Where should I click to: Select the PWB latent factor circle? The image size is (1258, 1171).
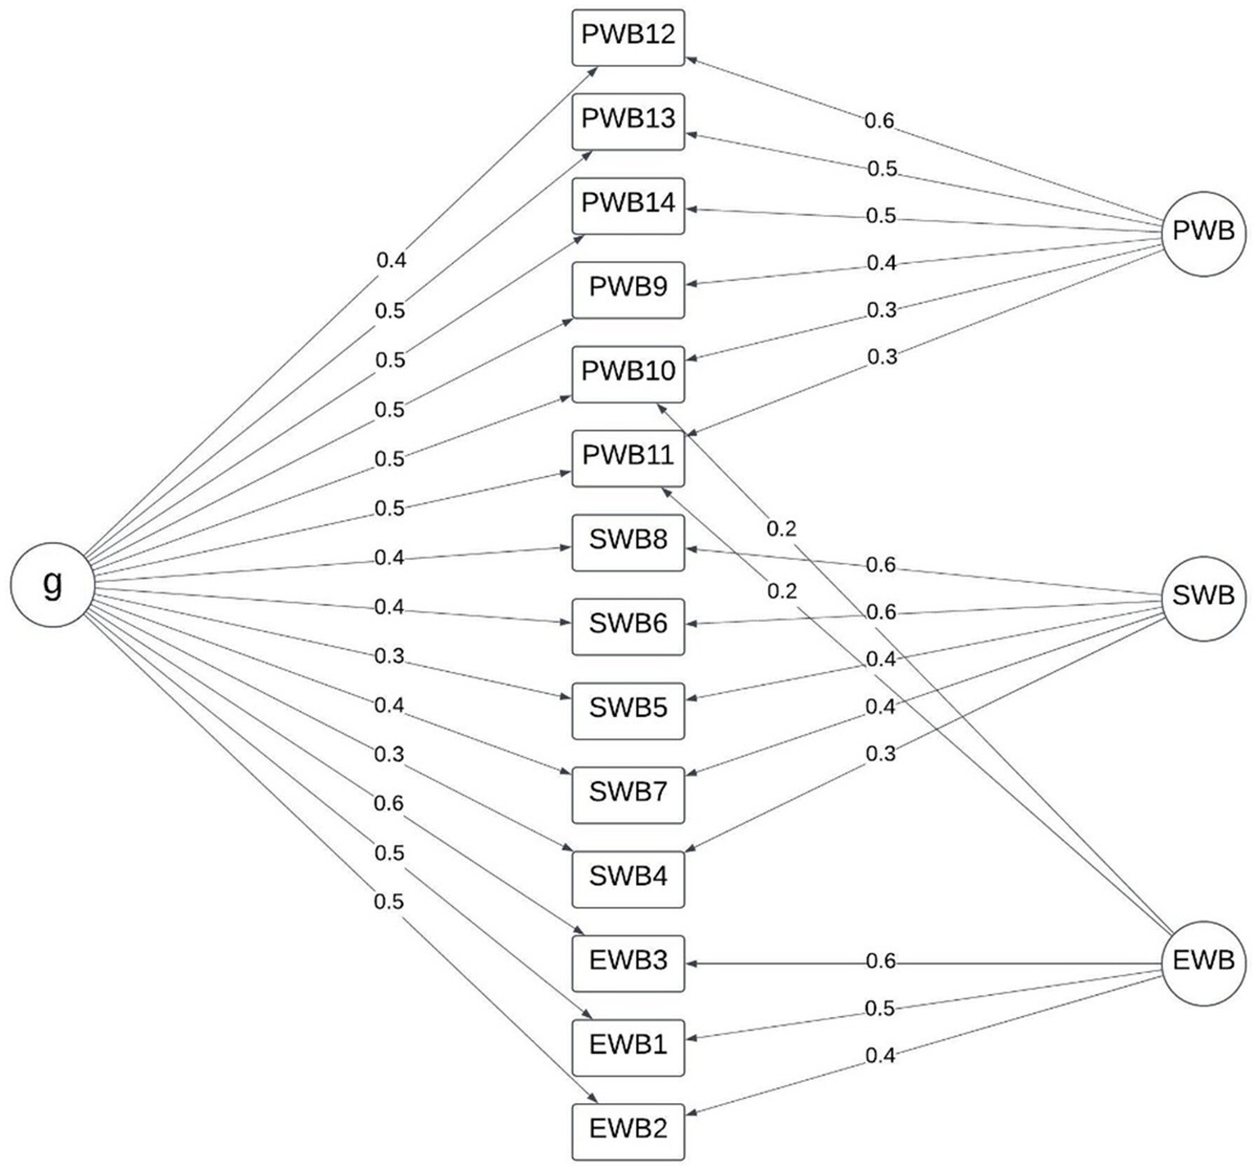pyautogui.click(x=1203, y=232)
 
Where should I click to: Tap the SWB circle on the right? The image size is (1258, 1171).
pyautogui.click(x=1203, y=596)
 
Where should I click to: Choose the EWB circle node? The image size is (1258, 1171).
pyautogui.click(x=1203, y=960)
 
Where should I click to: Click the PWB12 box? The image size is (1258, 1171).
pyautogui.click(x=628, y=37)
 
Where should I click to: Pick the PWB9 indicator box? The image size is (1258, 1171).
pyautogui.click(x=628, y=289)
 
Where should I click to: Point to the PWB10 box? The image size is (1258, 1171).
pyautogui.click(x=628, y=374)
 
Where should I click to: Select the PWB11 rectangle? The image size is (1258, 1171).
pyautogui.click(x=628, y=458)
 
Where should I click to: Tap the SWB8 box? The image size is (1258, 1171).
pyautogui.click(x=628, y=542)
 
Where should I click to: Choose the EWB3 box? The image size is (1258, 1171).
pyautogui.click(x=628, y=963)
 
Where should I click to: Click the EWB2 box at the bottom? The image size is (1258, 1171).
pyautogui.click(x=628, y=1132)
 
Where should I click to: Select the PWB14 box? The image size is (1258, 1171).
pyautogui.click(x=628, y=205)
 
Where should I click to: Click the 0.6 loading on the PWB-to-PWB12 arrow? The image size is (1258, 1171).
pyautogui.click(x=879, y=121)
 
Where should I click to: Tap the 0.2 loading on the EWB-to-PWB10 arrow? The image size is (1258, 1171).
pyautogui.click(x=781, y=529)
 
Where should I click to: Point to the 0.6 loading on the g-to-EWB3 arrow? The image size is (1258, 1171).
pyautogui.click(x=389, y=804)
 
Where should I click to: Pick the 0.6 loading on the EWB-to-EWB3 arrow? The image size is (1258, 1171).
pyautogui.click(x=881, y=961)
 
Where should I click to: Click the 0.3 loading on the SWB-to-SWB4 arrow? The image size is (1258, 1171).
pyautogui.click(x=881, y=754)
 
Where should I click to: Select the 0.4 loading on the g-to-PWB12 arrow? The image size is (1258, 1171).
pyautogui.click(x=391, y=261)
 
